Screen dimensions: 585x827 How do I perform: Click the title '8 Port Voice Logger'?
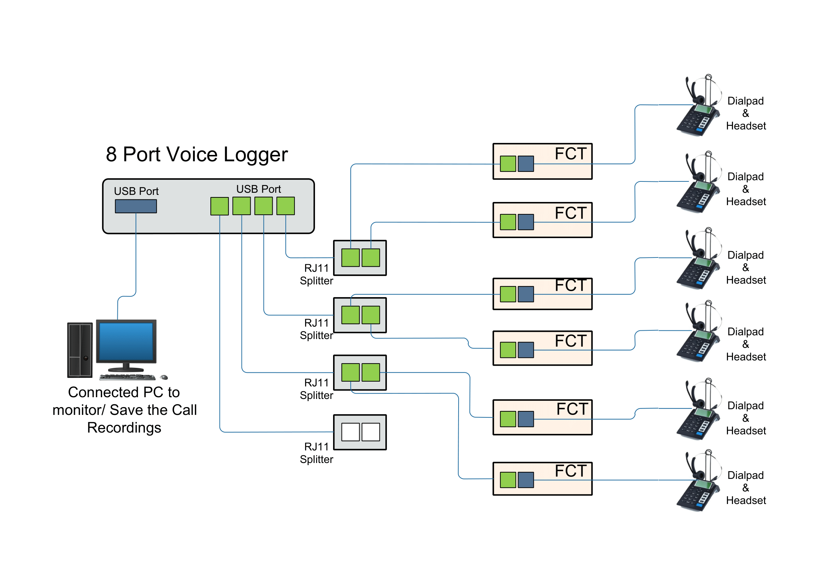197,155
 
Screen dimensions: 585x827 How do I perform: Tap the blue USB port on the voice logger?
136,207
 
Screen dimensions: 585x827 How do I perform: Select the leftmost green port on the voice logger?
219,206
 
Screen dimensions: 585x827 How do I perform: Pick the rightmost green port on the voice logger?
286,206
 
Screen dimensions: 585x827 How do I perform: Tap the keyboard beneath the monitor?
127,377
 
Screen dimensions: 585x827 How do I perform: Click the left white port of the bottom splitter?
350,432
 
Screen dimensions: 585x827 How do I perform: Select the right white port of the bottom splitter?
371,432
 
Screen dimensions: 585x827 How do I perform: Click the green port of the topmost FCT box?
508,164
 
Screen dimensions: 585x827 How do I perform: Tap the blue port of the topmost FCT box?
526,164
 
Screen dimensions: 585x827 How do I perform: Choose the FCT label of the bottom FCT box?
571,471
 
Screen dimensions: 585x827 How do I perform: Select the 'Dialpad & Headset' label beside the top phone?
746,114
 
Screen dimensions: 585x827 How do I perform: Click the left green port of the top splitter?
350,257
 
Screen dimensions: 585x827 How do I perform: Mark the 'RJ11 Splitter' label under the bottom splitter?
316,453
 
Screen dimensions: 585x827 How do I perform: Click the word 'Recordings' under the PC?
124,428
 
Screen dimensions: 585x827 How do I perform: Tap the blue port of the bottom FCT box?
526,480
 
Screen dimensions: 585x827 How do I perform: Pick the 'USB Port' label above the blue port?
136,191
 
